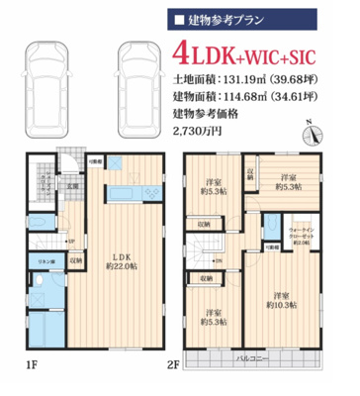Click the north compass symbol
pos(312,129)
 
